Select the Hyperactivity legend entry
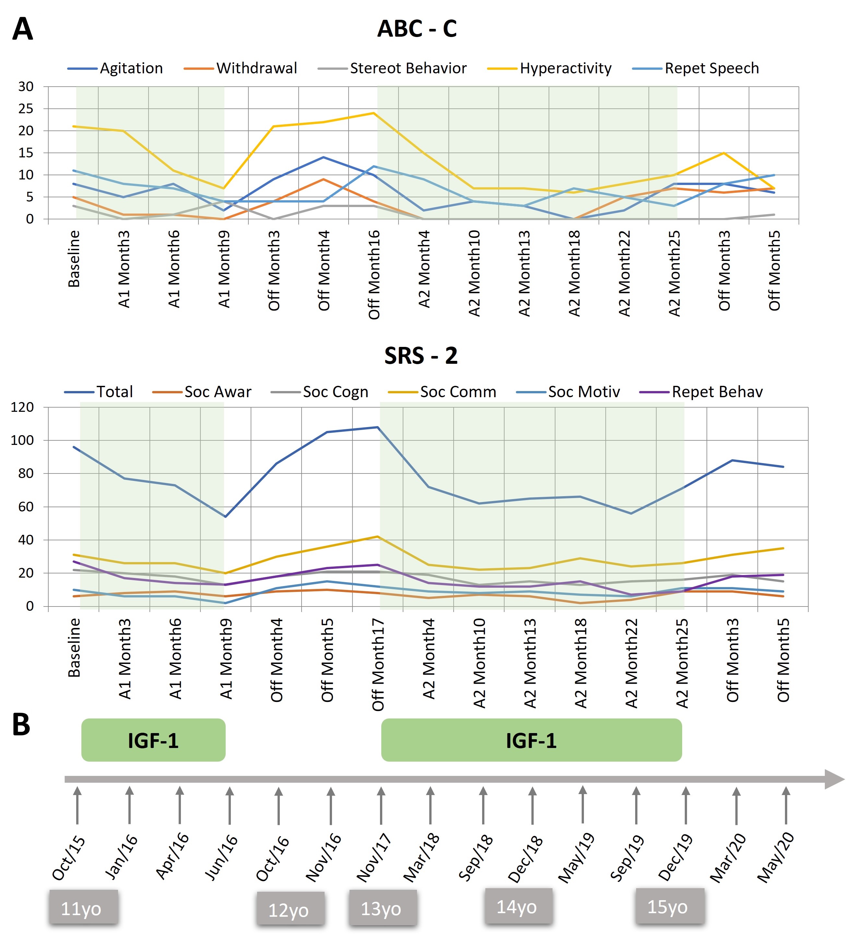coord(565,68)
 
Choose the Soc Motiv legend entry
coord(583,392)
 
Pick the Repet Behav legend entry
coord(717,392)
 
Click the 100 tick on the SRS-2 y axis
coord(22,440)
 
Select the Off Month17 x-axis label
coord(378,665)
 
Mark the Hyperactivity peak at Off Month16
coord(374,113)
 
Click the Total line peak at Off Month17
coord(378,427)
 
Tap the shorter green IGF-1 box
coord(153,741)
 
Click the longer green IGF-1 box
coord(531,741)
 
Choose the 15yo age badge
coord(669,907)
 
